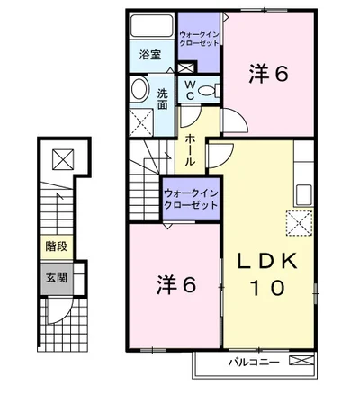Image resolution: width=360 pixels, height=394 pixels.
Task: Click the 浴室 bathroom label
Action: pos(150,55)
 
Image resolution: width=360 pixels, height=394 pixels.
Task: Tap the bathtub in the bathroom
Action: pos(152,26)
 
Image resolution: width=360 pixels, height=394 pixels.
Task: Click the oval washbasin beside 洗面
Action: pos(140,89)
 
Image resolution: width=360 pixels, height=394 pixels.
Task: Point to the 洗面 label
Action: pos(163,99)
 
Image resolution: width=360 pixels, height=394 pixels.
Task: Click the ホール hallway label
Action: pos(190,149)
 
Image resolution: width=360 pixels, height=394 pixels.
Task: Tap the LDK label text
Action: pos(267,261)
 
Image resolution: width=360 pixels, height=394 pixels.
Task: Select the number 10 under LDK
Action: pos(267,288)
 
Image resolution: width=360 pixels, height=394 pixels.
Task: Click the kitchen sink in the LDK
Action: pos(304,195)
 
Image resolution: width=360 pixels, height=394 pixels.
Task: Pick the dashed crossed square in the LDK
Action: pos(299,223)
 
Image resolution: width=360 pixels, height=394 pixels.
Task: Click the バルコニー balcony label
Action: pos(254,362)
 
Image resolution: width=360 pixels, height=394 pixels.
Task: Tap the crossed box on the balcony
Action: pos(301,361)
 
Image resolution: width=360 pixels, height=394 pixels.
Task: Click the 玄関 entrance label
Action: pos(57,278)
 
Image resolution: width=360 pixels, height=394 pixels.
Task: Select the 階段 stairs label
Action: pos(57,246)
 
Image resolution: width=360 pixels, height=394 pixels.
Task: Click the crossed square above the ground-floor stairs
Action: pos(63,159)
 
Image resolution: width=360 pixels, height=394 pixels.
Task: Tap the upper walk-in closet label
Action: pos(199,39)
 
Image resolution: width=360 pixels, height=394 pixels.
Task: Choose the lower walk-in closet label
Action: pos(191,199)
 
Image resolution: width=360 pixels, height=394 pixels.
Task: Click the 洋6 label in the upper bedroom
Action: pos(268,74)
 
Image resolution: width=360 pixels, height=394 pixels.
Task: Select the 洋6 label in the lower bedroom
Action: pos(176,284)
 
